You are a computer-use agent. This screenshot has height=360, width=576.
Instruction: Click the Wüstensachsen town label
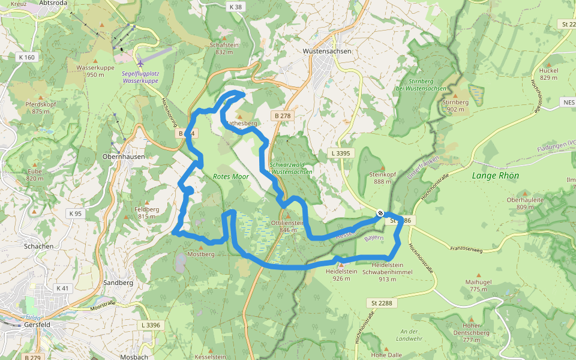point(327,52)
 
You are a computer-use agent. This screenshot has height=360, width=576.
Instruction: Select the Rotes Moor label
point(231,177)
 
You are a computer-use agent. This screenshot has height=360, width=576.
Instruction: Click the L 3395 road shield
point(341,154)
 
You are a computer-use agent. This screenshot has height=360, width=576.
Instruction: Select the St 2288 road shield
point(381,303)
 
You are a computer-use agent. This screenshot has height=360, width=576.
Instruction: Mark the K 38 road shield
point(236,7)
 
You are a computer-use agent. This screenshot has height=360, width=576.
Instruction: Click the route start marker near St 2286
point(380,213)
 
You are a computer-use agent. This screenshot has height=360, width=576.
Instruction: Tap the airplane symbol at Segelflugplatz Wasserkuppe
point(140,62)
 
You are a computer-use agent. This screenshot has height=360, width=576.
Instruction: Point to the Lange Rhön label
point(495,176)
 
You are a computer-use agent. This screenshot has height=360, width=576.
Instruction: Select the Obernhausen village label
point(124,156)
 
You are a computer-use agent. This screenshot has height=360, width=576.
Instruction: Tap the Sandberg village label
point(118,282)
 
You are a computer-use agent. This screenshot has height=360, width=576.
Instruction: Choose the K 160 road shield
point(26,58)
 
